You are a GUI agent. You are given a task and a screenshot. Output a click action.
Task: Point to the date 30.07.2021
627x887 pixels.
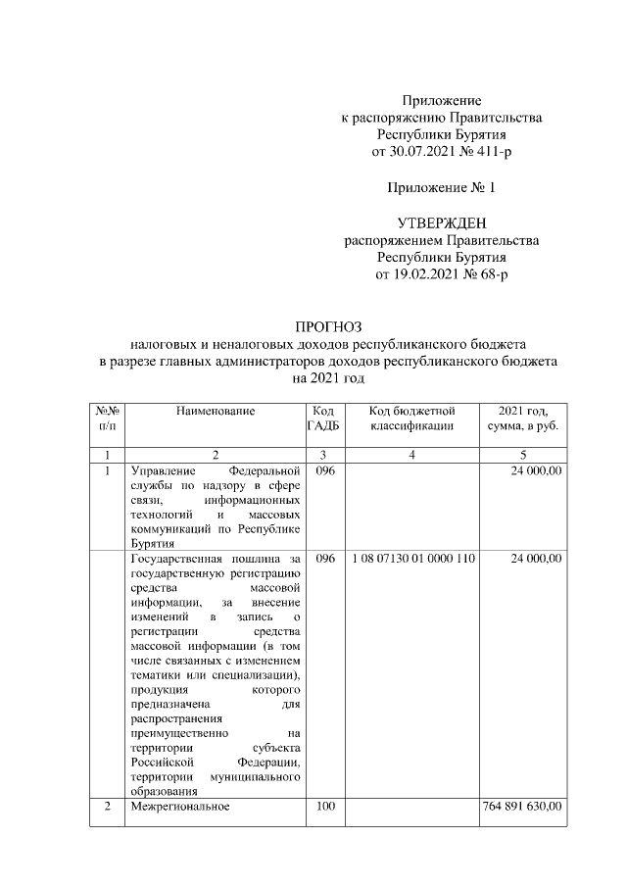[x=422, y=152]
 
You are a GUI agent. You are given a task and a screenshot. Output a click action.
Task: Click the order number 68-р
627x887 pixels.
[x=489, y=274]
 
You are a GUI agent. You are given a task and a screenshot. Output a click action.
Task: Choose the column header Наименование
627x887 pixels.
[x=216, y=411]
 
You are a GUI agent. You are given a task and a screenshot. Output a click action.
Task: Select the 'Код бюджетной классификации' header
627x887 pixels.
[x=411, y=418]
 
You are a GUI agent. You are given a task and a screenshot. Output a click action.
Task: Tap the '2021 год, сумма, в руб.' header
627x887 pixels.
[x=523, y=418]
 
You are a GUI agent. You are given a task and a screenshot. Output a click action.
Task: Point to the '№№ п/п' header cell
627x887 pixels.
[x=106, y=418]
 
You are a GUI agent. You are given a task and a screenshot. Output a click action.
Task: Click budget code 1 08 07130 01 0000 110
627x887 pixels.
[x=411, y=558]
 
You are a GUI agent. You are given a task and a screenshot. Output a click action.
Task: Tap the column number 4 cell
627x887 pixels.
[x=411, y=454]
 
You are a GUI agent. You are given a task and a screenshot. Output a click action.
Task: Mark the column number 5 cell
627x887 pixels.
[x=523, y=454]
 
